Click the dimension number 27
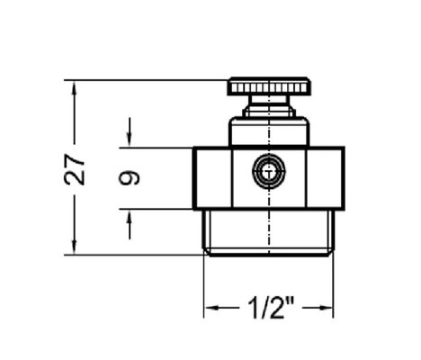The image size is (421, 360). point(75,169)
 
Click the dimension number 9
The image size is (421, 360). point(130,177)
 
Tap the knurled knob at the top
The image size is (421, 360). point(269,86)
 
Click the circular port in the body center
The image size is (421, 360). point(269,171)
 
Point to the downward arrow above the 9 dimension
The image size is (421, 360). point(130,131)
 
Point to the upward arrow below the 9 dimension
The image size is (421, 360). point(130,225)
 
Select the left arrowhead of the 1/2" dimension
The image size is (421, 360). point(213,308)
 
